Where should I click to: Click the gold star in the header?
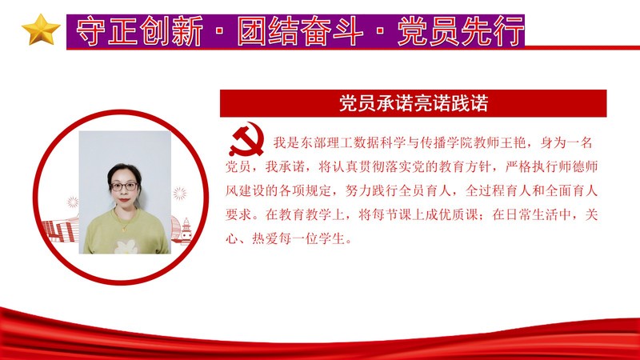click(41, 30)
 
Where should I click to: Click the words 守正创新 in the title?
click(139, 31)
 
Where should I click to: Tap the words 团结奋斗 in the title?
click(301, 31)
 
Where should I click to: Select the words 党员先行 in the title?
click(461, 31)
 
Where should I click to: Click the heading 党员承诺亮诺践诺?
click(414, 103)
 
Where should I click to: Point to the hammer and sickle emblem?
click(246, 139)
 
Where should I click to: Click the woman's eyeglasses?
click(124, 186)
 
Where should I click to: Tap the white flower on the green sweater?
click(126, 246)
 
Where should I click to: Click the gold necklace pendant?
click(124, 229)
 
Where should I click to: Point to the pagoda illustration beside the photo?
click(186, 231)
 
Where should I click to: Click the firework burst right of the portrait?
click(179, 194)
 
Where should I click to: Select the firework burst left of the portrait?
click(73, 202)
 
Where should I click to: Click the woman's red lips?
click(124, 199)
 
